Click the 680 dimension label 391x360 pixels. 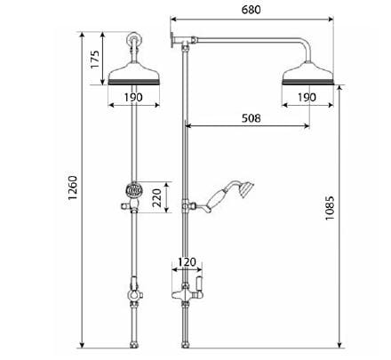[251, 8]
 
